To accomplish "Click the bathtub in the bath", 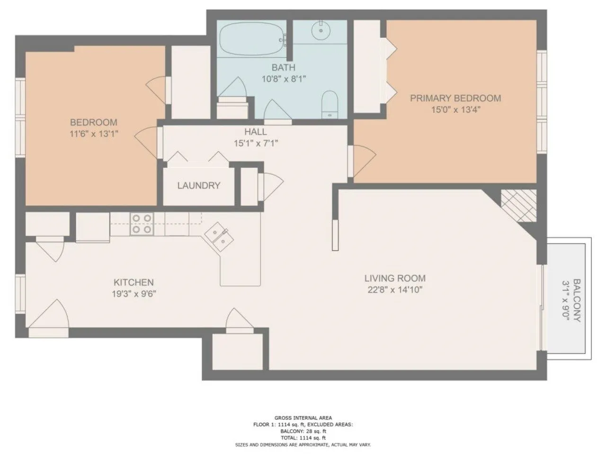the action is tap(252, 39).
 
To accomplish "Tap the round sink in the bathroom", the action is tap(321, 30).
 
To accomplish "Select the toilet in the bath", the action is tap(330, 104).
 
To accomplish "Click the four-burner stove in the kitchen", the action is tap(142, 224).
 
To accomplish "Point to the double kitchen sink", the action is tap(219, 236).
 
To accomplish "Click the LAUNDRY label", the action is tap(198, 185).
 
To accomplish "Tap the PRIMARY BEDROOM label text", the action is tap(455, 98).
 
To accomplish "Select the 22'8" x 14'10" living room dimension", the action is tap(395, 290).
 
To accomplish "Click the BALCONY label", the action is tap(577, 300).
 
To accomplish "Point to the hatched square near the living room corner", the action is tap(519, 206).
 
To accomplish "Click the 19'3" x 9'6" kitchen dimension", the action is tap(134, 294).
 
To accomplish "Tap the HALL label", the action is tap(256, 132).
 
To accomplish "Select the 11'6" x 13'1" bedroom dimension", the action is tap(94, 134).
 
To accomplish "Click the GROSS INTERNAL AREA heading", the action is tap(303, 418).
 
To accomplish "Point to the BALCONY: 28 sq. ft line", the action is tap(303, 431).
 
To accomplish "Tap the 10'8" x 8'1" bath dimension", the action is tap(284, 79).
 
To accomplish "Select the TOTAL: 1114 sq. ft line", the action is tap(303, 438).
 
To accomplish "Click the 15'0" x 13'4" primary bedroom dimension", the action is tap(456, 110).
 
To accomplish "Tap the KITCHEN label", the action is tap(134, 282).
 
